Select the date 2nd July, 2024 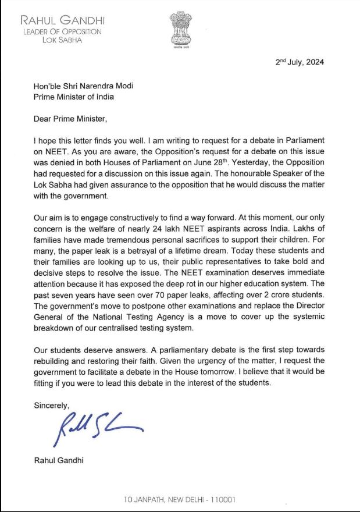tap(300, 62)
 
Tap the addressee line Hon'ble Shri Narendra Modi tap(83, 86)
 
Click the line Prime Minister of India tap(73, 97)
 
